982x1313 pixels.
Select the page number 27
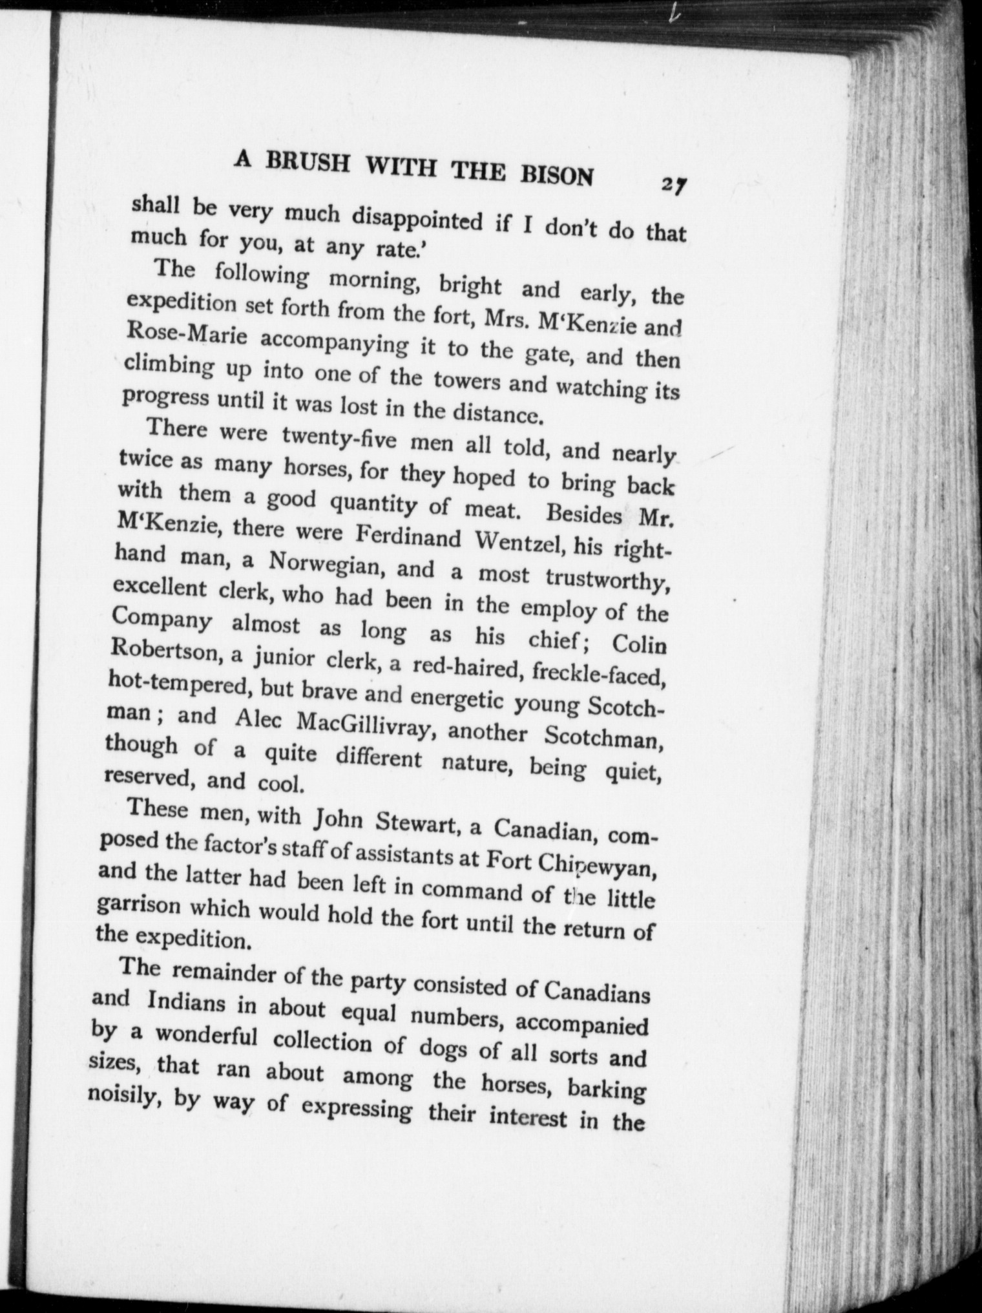click(673, 185)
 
